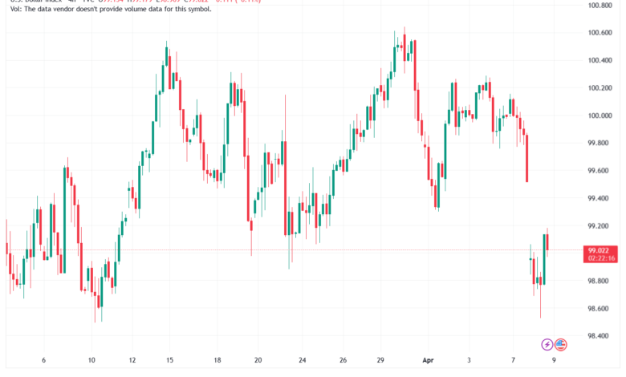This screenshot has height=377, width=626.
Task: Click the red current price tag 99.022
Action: point(601,250)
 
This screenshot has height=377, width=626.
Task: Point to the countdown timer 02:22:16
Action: point(601,258)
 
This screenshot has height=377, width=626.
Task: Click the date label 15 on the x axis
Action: point(170,360)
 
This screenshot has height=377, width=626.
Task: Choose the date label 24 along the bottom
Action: point(301,360)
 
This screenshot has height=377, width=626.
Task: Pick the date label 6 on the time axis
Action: point(44,360)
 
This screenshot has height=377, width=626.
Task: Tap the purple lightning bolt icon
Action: point(547,344)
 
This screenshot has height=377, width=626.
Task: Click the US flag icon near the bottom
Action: point(560,344)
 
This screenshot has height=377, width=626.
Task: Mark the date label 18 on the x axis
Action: point(218,360)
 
